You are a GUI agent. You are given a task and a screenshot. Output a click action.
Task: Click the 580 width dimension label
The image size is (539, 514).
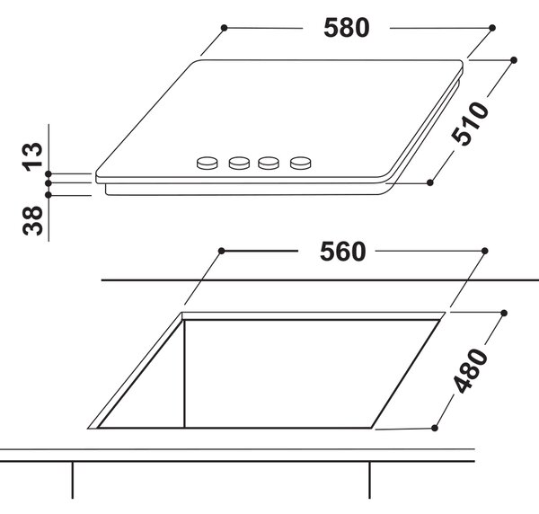pos(347,28)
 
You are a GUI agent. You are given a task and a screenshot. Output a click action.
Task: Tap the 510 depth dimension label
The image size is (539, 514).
pos(470,123)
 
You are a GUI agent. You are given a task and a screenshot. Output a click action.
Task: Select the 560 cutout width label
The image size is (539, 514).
pos(343,252)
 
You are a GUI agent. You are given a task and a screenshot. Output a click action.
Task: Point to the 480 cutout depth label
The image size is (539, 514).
pos(471,370)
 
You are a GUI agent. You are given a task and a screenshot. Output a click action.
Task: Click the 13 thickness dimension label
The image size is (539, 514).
pos(32,156)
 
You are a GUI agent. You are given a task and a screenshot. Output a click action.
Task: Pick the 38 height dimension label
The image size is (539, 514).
pos(32,221)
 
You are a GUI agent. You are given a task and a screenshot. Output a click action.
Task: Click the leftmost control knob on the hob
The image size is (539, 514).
pos(207,163)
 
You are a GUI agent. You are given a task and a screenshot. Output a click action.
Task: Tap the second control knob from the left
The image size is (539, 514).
pos(239,163)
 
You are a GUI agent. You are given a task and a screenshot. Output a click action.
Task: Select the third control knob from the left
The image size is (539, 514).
pos(269,163)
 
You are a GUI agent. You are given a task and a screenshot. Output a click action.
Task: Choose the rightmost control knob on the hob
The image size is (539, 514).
pos(300,163)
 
